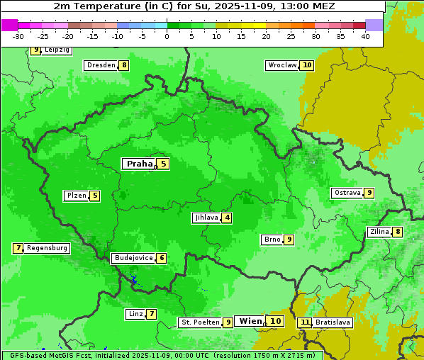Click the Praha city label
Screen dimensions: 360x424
point(139,164)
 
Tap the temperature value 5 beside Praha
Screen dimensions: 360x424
point(163,164)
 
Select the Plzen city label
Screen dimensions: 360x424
point(76,196)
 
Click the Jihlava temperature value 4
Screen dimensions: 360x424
point(227,218)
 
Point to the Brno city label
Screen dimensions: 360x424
point(272,240)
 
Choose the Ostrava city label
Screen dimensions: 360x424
point(347,193)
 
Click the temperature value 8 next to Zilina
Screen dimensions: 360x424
point(398,232)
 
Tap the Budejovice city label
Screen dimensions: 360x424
point(133,258)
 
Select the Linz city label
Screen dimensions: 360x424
point(135,314)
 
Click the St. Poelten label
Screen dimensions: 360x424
point(200,322)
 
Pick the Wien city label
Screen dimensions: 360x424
point(250,321)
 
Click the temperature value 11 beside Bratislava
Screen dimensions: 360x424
point(305,322)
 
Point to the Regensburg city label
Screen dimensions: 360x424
point(48,248)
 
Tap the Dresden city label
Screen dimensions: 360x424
point(101,65)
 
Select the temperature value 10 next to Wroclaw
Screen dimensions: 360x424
point(307,65)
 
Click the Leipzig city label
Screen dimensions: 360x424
point(57,50)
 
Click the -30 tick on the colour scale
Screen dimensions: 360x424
point(18,36)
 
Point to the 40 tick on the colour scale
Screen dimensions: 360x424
point(365,36)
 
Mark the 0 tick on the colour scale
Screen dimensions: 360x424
point(167,36)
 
